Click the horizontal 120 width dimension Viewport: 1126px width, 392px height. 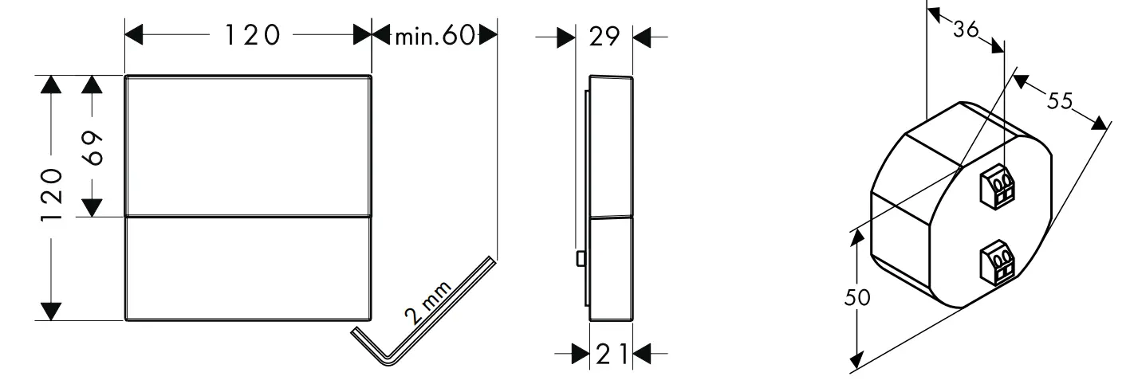[251, 35]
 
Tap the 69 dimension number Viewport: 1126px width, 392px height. [93, 146]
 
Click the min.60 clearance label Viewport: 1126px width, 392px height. [435, 35]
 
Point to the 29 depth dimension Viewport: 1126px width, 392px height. [604, 36]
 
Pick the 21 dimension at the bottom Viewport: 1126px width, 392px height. [612, 353]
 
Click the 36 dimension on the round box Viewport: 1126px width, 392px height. [966, 29]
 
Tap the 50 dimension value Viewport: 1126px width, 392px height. [857, 297]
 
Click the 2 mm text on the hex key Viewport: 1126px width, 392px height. [427, 301]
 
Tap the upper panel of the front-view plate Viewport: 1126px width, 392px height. [248, 146]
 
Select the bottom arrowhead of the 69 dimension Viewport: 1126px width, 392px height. [93, 208]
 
